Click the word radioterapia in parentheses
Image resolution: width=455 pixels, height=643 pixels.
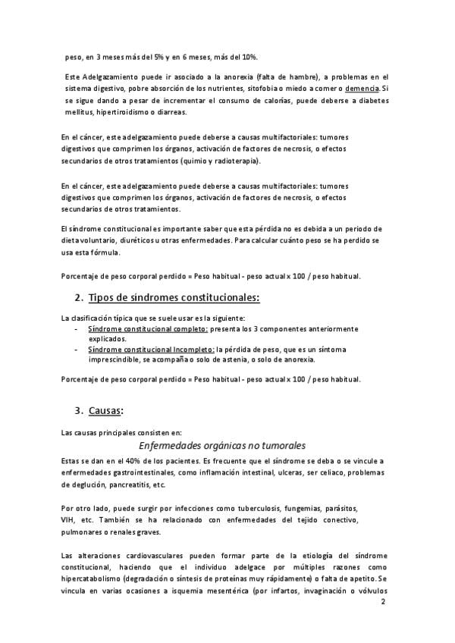pos(231,161)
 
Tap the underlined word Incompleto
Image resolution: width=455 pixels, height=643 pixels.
pos(190,350)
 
